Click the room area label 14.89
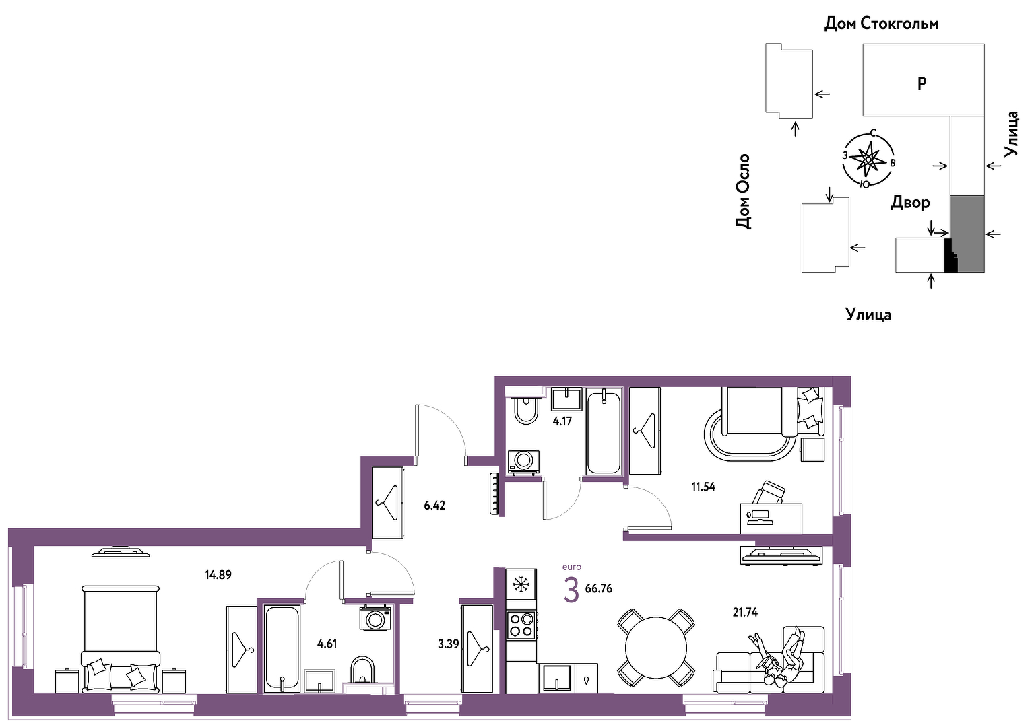point(218,575)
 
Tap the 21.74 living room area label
point(745,613)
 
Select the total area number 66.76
point(598,588)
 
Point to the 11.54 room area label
point(703,487)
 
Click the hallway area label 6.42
point(434,506)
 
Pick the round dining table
point(656,648)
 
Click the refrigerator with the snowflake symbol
point(521,584)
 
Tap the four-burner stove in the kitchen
point(521,625)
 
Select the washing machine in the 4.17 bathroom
point(524,462)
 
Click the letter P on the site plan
point(921,83)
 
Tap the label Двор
point(910,203)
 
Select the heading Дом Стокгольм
point(881,24)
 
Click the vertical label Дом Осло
point(743,191)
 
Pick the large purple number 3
point(572,590)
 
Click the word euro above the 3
point(572,567)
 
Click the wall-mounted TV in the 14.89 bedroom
point(121,552)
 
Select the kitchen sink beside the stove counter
point(557,679)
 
